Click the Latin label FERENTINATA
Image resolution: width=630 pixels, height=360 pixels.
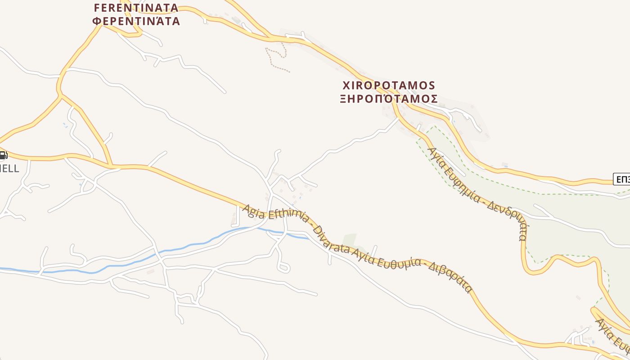pyautogui.click(x=135, y=8)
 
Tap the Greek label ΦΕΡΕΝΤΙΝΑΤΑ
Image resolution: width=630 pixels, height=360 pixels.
pyautogui.click(x=135, y=21)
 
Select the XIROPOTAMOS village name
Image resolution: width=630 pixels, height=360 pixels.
pyautogui.click(x=389, y=85)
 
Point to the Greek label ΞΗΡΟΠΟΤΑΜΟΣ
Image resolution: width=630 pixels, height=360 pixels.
pyautogui.click(x=389, y=99)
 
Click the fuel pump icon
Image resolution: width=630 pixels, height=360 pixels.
pyautogui.click(x=3, y=156)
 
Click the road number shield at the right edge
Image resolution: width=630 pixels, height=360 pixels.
pyautogui.click(x=622, y=180)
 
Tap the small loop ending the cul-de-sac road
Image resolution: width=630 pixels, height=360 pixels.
pyautogui.click(x=283, y=268)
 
